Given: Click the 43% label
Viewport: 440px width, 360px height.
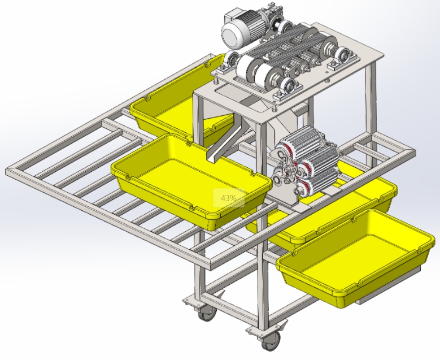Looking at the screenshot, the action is click(228, 198).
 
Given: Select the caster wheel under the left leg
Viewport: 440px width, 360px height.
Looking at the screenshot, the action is click(207, 313).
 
